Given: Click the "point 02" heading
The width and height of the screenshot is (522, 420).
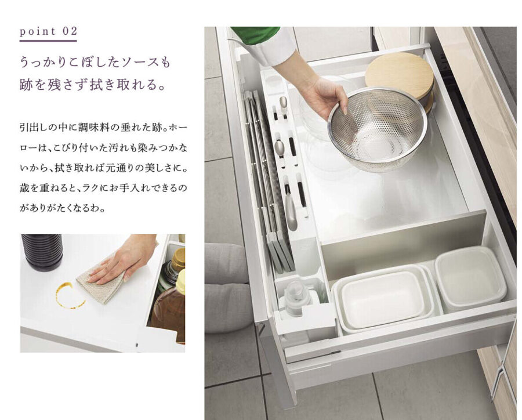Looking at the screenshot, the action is point(48,31).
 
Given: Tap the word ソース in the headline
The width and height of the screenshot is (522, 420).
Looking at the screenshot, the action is point(135,62).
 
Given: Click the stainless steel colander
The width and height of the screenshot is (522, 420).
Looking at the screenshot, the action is point(378,129).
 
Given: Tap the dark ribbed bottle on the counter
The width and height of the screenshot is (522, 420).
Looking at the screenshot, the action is point(42,252).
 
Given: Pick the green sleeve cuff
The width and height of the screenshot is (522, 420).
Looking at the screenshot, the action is point(255,35).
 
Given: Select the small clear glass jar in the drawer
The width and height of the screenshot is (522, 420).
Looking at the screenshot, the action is point(295,299).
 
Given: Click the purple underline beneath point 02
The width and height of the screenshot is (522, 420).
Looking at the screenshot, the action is point(48,41).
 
